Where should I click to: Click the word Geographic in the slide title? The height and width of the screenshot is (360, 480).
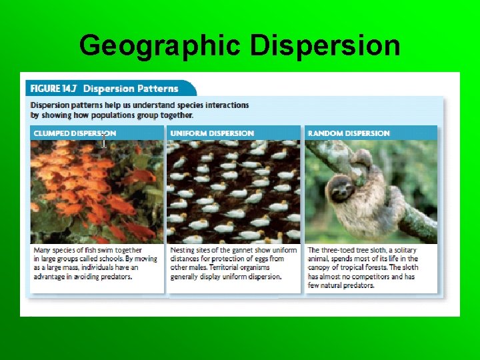pos(159,46)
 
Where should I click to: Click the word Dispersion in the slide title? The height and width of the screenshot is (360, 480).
pos(325,46)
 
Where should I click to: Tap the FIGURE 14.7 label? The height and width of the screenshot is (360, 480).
pos(53,89)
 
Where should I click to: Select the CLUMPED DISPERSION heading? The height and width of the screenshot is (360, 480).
pos(75,133)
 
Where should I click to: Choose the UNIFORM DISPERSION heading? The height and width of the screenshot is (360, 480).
pos(212,133)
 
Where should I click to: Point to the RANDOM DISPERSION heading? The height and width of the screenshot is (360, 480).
pos(349,133)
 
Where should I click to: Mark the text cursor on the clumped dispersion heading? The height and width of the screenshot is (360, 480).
pos(104,140)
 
